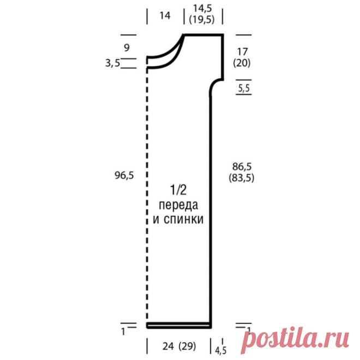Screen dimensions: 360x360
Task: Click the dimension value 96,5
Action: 124,176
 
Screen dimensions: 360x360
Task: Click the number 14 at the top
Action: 165,16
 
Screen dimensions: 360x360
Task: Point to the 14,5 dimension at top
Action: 202,9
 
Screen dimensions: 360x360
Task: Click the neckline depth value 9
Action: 127,47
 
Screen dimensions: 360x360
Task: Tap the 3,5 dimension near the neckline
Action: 113,63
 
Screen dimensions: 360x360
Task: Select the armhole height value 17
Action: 242,52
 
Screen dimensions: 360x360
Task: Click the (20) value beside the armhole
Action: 242,63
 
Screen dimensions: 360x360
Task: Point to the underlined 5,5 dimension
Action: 244,88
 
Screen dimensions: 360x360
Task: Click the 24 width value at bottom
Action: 169,346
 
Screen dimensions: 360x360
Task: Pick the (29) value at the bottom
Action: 187,346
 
